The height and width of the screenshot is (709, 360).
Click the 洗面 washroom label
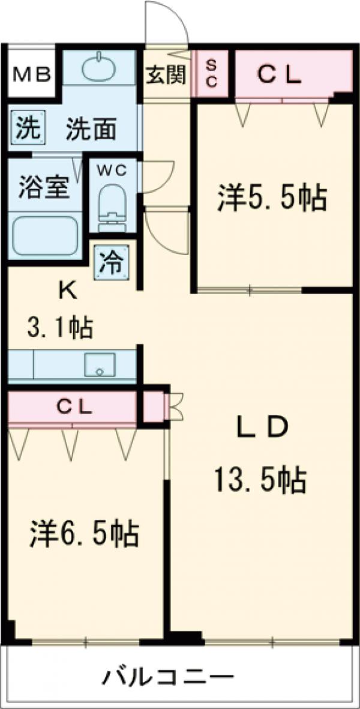click(91, 130)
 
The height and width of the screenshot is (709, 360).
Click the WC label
click(113, 170)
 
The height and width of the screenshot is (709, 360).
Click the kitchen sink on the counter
click(100, 364)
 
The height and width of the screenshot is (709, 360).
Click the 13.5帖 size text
click(262, 480)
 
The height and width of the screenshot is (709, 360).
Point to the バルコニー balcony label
click(167, 679)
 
